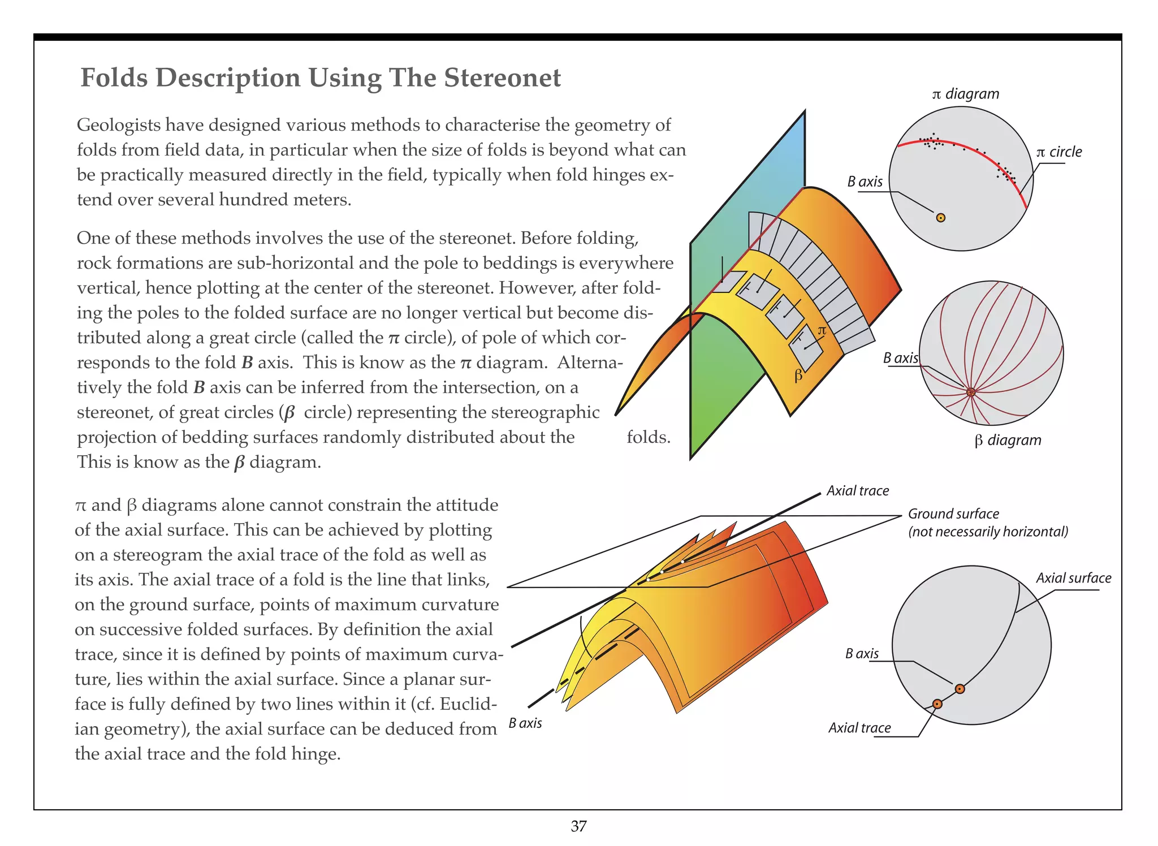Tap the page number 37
(578, 826)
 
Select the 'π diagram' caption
(965, 94)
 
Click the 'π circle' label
(1058, 152)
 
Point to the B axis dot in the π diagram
(940, 218)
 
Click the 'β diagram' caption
(1007, 440)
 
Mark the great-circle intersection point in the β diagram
(971, 392)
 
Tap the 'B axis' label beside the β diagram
(900, 358)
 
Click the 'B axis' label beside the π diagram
(865, 182)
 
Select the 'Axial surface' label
(1073, 578)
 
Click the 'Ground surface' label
(953, 513)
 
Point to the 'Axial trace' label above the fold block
(857, 490)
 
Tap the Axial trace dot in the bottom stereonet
(937, 704)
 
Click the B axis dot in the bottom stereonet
(960, 689)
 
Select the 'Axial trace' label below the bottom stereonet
(859, 728)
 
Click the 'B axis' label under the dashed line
(525, 723)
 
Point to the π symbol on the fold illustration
(822, 330)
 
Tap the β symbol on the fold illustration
(798, 375)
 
